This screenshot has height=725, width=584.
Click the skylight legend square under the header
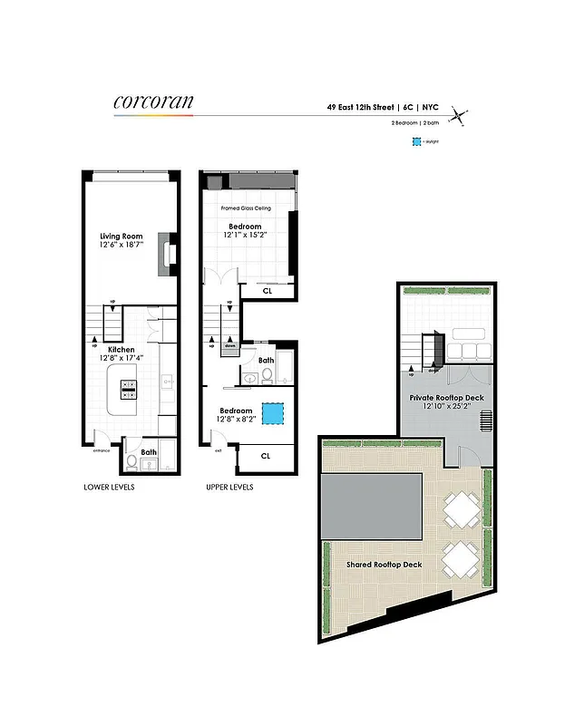416,142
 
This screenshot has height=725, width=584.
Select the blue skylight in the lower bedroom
272,413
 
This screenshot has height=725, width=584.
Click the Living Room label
122,237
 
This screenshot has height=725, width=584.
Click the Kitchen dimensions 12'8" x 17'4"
122,359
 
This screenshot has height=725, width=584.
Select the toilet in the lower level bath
132,462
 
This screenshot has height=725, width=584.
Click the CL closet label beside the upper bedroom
267,291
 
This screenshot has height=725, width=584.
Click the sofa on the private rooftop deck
470,351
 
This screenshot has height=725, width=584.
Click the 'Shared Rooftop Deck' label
384,565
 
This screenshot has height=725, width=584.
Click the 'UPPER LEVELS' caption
231,487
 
